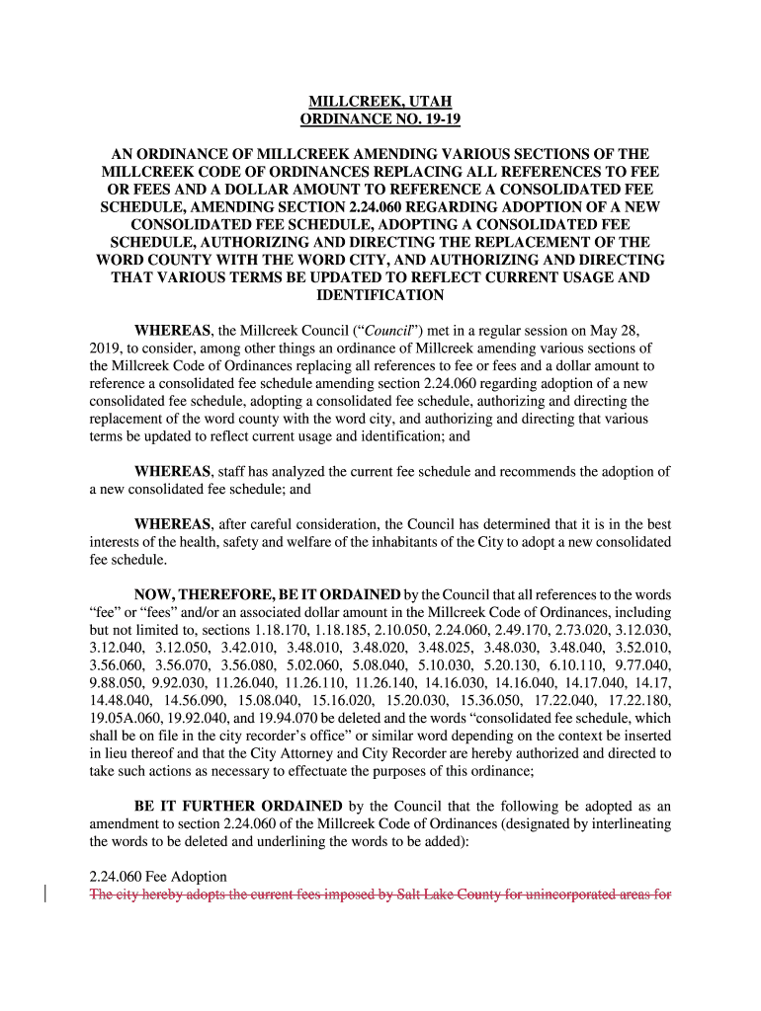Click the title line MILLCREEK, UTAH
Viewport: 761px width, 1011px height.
pos(380,103)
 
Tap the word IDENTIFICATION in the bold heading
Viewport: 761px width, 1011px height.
pos(380,295)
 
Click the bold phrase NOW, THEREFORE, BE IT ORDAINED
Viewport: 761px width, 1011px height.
pos(267,594)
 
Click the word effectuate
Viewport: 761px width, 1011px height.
pos(314,771)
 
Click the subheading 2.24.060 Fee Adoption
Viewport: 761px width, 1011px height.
pos(158,877)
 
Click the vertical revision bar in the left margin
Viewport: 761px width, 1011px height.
pos(46,895)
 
